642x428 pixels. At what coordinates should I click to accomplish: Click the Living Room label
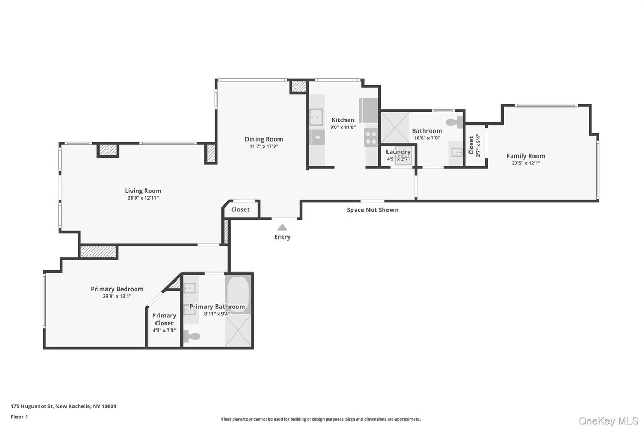[143, 191]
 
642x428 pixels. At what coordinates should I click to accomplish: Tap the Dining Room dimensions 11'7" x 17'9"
[264, 146]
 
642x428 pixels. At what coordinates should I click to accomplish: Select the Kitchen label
[343, 120]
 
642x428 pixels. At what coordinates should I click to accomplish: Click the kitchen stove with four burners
[371, 138]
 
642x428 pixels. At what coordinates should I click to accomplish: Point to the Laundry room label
[398, 152]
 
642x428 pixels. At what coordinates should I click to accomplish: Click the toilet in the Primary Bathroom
[191, 336]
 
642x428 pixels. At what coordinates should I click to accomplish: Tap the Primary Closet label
[164, 319]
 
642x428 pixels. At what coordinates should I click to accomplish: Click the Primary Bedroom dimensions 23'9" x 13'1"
[117, 297]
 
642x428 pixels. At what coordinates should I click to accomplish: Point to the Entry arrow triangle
[282, 227]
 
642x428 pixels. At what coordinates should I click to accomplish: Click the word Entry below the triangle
[282, 237]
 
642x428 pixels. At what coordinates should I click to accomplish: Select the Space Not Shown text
[373, 210]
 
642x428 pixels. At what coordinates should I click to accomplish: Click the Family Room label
[525, 156]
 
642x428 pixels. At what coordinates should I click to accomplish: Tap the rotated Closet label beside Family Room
[471, 145]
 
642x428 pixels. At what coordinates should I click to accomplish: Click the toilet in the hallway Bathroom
[454, 122]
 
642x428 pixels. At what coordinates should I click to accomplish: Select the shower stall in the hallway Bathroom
[395, 128]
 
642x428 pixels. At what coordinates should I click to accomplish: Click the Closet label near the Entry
[240, 209]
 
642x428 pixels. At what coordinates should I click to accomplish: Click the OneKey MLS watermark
[608, 421]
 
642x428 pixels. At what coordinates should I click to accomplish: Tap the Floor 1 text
[19, 417]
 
